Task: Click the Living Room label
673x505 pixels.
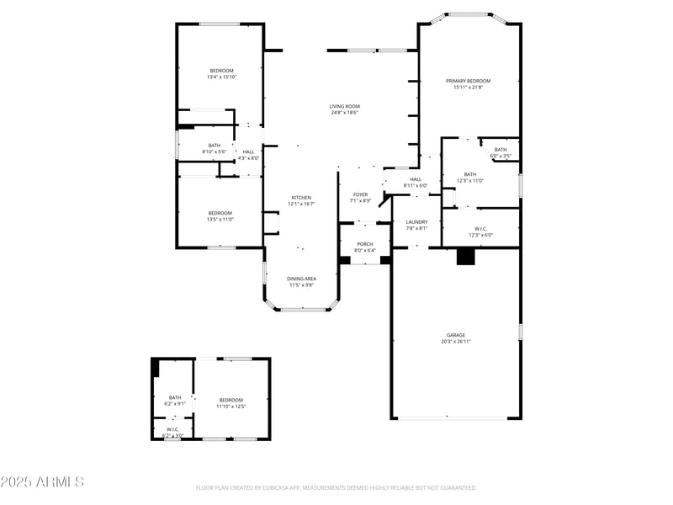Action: tap(344, 106)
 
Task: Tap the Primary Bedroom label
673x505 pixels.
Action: tap(468, 81)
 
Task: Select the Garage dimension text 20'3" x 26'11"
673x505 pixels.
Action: tap(455, 341)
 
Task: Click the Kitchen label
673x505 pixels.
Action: tap(301, 197)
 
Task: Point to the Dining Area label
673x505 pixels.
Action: tap(301, 279)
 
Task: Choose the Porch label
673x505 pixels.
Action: tap(364, 244)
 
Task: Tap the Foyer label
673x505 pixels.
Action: tap(360, 194)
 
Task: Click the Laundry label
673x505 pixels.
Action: tap(417, 222)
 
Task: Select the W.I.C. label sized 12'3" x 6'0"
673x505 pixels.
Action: tap(480, 228)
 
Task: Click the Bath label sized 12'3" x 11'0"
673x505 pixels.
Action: tap(469, 174)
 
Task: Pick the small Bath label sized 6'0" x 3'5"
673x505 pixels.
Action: tap(501, 150)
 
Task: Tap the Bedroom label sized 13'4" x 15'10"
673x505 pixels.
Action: tap(222, 70)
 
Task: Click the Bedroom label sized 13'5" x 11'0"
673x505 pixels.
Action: tap(220, 213)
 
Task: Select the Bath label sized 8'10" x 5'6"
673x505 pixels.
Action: tap(215, 145)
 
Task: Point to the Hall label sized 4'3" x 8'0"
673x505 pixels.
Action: tap(249, 151)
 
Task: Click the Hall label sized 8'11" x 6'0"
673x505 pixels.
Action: tap(416, 178)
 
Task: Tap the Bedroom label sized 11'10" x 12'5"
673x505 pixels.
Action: tap(231, 400)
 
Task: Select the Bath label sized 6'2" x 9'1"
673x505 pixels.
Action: tap(175, 397)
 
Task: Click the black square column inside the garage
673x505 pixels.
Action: tap(465, 257)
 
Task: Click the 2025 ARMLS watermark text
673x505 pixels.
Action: tap(42, 482)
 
